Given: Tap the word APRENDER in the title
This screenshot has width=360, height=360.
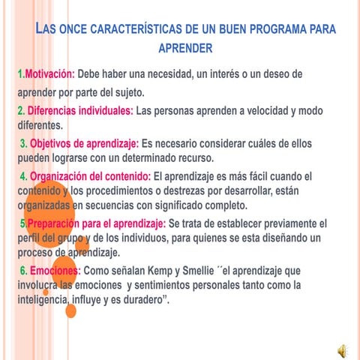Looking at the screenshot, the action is [x=187, y=48].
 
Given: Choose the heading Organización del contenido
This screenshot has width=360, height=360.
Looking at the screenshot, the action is [x=91, y=177].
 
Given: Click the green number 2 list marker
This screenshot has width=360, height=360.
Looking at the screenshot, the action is [x=20, y=111].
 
